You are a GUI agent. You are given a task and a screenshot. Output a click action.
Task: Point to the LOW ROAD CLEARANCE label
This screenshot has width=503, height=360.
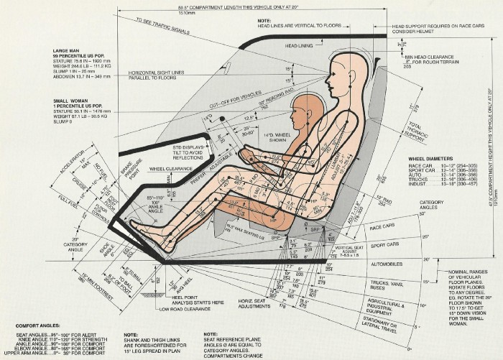point(207,311)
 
